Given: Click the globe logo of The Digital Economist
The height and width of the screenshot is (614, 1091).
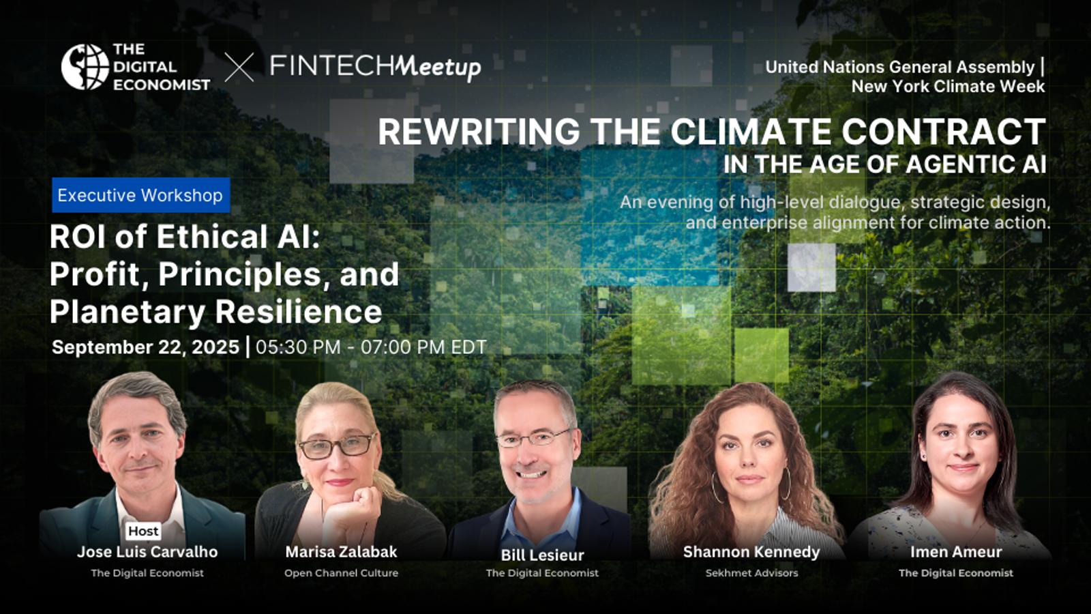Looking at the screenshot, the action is tap(85, 67).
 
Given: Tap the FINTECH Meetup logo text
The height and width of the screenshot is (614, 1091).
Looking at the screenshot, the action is tap(376, 67).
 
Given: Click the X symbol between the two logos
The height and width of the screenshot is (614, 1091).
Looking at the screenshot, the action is tap(239, 68).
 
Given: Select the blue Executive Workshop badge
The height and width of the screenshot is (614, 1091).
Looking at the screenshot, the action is tap(140, 195).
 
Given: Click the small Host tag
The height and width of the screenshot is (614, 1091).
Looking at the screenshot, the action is tap(144, 531).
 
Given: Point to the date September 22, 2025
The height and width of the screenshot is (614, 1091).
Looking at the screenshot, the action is tap(146, 347).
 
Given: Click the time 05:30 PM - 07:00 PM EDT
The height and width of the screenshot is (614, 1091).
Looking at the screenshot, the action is tap(371, 347).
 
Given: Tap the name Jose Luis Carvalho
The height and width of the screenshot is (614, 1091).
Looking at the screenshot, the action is tap(147, 552).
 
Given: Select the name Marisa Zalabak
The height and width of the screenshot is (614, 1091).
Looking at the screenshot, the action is tap(342, 552).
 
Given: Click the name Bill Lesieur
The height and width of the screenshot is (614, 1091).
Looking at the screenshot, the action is tap(543, 555).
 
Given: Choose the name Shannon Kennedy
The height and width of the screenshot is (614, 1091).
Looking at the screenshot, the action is tap(751, 552).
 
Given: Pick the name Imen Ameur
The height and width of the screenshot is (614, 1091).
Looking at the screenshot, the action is tap(956, 552).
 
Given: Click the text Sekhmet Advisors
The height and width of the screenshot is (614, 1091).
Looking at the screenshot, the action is tap(751, 573).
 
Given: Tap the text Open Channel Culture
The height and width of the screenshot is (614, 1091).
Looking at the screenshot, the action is tap(342, 573).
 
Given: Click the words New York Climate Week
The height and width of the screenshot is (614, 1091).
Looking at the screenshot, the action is tap(948, 86).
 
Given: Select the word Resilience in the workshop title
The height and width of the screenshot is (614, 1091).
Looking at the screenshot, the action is tap(299, 311).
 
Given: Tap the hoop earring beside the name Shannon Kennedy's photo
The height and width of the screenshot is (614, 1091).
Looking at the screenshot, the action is tap(715, 487).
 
